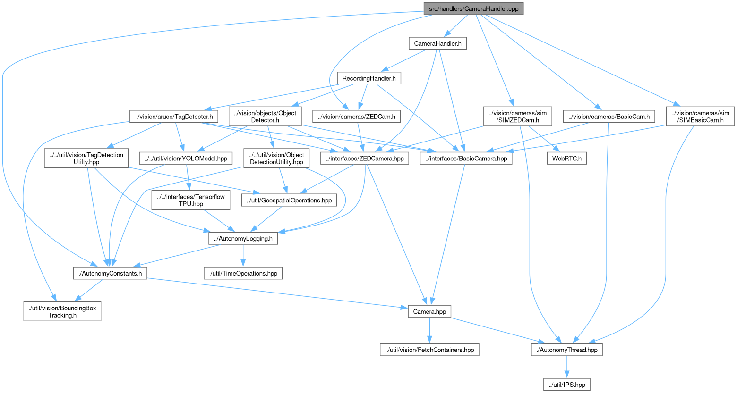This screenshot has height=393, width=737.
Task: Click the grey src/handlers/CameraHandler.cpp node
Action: point(473,8)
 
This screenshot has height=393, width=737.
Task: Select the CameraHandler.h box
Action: point(437,43)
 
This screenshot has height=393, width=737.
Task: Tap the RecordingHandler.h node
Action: point(369,78)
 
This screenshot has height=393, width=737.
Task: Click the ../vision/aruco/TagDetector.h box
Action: point(174,117)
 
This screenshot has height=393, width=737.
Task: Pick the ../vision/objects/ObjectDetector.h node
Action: point(265,117)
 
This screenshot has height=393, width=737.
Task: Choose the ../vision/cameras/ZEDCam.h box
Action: point(356,117)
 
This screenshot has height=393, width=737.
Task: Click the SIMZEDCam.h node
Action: point(517,117)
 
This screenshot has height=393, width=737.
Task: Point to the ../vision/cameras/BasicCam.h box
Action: point(609,117)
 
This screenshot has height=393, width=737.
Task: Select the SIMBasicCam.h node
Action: point(700,117)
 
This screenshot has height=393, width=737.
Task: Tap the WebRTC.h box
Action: point(566,159)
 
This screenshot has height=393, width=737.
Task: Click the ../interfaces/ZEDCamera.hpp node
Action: point(365,159)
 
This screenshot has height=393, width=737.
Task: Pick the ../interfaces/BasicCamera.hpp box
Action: point(466,159)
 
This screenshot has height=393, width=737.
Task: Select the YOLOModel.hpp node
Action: point(186,159)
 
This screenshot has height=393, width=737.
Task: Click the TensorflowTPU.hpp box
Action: point(191,200)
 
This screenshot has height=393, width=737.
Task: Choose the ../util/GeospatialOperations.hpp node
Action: point(289,200)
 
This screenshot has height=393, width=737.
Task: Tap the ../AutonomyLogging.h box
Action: point(243,239)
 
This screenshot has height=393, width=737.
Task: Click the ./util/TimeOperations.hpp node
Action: point(243,273)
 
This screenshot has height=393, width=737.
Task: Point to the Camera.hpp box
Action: point(429,311)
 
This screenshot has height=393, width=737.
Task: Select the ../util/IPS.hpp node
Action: point(566,385)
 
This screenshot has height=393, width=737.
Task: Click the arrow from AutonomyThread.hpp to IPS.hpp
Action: point(566,367)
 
